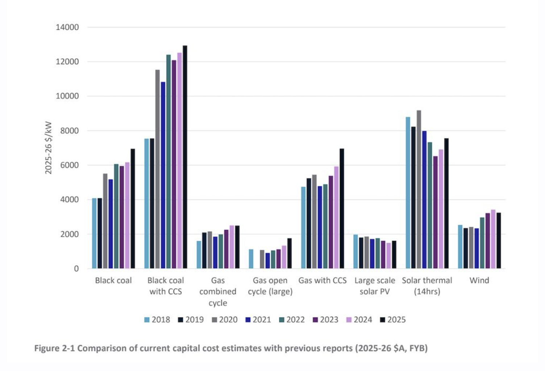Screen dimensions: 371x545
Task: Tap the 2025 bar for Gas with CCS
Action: [342, 209]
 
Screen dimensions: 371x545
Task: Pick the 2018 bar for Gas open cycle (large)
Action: [251, 259]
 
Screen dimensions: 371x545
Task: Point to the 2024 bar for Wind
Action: [493, 239]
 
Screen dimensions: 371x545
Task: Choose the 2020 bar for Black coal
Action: [105, 221]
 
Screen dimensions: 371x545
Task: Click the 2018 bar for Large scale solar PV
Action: [356, 252]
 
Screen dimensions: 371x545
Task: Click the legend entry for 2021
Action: [258, 320]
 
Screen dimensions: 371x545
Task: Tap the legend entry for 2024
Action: [359, 320]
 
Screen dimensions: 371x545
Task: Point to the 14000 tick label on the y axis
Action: [67, 27]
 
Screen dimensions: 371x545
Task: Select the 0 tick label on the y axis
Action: [76, 269]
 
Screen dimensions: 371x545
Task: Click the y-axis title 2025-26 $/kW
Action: [49, 148]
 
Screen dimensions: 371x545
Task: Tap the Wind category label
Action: [479, 280]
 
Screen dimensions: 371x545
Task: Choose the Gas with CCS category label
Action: [323, 280]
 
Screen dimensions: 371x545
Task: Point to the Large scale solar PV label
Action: [375, 286]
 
